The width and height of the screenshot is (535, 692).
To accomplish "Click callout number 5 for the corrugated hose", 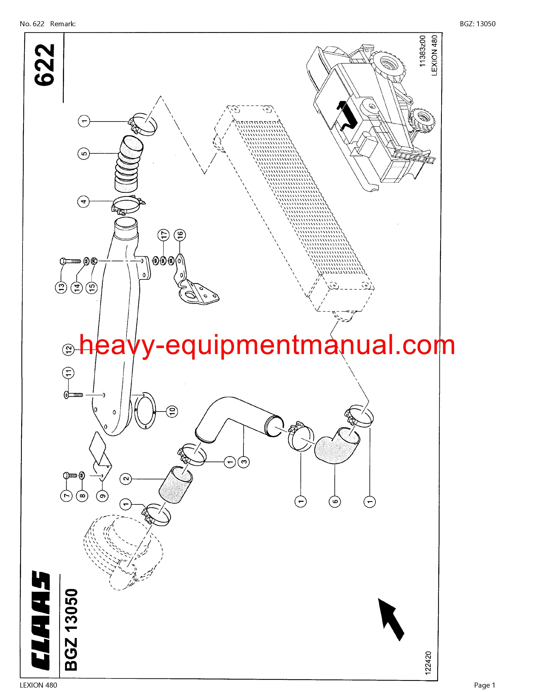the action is pos(84,154).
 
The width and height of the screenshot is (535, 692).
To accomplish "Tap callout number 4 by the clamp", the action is pos(84,202).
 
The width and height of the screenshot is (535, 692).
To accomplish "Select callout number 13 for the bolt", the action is pos(61,287).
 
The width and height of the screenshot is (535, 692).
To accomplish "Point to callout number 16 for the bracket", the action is pos(180,235).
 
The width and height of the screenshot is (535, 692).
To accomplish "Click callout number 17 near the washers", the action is pos(164,235).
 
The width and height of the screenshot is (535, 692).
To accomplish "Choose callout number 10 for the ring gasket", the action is pos(171,411).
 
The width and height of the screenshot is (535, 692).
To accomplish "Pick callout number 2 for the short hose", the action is pos(126,479).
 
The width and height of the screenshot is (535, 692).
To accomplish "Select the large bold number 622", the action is pos(44,65).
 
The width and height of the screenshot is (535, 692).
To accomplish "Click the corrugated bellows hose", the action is pos(128,164).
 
